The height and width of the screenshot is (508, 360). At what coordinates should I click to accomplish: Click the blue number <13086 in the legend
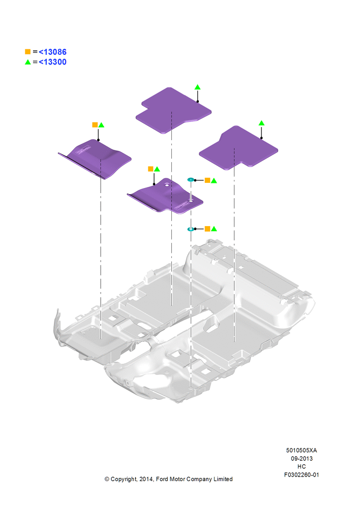(52, 52)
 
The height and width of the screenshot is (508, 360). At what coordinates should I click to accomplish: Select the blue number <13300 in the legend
(52, 62)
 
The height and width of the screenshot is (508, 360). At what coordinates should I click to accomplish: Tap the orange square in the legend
(28, 52)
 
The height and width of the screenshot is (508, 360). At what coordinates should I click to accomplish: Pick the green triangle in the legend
(28, 62)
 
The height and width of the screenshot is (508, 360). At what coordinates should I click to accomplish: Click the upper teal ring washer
(191, 179)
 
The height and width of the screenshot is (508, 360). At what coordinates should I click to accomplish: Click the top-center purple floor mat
(173, 110)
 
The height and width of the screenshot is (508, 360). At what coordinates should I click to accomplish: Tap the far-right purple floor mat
(238, 148)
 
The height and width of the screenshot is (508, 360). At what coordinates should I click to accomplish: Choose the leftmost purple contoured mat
(95, 158)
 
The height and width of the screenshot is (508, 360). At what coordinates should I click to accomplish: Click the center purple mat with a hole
(165, 196)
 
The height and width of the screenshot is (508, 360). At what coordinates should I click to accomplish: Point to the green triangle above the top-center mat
(197, 87)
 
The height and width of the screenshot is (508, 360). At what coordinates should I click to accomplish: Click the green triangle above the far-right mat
(261, 123)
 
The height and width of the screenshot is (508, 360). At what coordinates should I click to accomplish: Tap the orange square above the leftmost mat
(95, 125)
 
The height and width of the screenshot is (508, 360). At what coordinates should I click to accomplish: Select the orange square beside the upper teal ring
(207, 180)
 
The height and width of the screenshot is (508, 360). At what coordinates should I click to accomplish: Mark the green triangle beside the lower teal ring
(214, 229)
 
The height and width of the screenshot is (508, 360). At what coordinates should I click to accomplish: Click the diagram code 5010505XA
(302, 450)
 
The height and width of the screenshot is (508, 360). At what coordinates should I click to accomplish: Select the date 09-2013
(302, 458)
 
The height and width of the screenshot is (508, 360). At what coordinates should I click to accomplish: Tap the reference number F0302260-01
(302, 474)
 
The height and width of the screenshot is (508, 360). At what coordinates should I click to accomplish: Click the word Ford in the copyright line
(162, 479)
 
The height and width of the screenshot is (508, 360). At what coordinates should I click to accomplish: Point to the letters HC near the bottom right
(302, 466)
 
